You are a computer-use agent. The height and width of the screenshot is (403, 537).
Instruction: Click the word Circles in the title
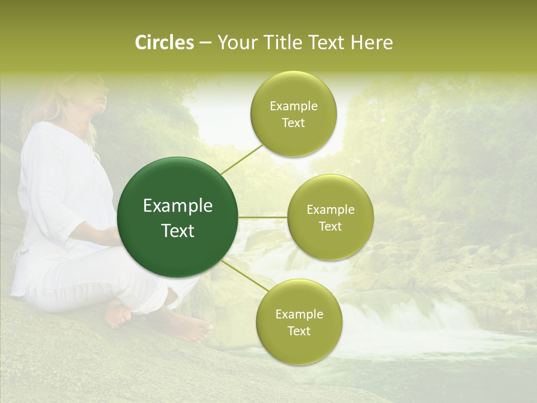(164, 43)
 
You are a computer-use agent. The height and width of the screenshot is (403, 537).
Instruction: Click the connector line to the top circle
(242, 158)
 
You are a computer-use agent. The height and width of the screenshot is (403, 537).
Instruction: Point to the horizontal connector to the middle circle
(263, 217)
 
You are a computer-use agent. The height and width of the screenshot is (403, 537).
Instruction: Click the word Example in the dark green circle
(178, 206)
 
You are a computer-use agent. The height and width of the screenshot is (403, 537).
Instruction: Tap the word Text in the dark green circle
(178, 231)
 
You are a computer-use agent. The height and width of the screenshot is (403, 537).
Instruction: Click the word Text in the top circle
(293, 123)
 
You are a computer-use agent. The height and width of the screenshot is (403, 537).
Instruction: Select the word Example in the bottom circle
(299, 315)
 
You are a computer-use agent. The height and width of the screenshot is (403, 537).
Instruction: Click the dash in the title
(205, 43)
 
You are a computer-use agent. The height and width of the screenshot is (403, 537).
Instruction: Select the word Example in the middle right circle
(330, 210)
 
